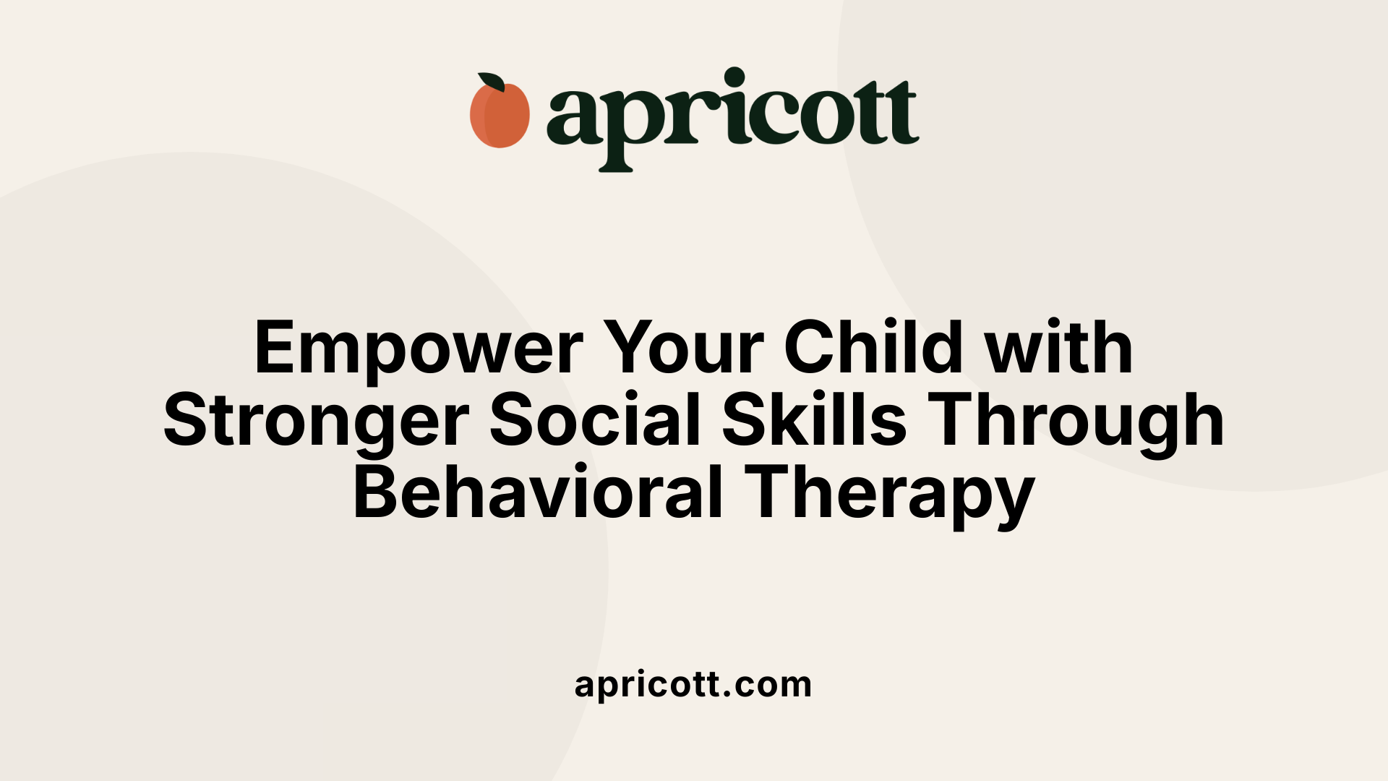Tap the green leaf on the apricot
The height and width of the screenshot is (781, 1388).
coord(492,82)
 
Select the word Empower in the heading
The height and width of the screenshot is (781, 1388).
coord(419,349)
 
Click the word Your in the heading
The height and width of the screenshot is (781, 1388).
coord(683,349)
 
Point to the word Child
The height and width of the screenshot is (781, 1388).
coord(874,348)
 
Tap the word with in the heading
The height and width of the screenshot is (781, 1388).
coord(1059,348)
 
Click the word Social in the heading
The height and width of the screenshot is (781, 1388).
coord(595,420)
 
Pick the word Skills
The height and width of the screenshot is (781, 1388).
coord(814,420)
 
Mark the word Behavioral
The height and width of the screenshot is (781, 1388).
coord(538,494)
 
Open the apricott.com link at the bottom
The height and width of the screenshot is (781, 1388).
coord(693,685)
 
